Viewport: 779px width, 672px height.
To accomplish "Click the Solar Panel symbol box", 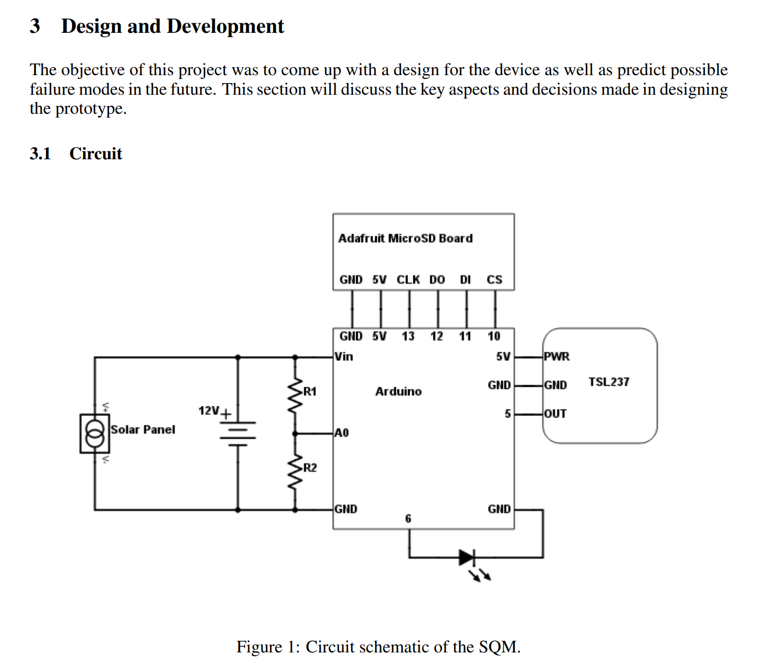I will tap(95, 433).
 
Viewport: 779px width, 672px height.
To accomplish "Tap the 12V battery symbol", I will tap(238, 433).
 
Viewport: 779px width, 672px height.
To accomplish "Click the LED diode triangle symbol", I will tap(467, 557).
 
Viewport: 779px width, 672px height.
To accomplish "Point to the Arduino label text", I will tap(398, 392).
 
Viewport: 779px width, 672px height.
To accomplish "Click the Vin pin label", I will tap(344, 357).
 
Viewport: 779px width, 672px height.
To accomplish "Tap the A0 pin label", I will tap(342, 433).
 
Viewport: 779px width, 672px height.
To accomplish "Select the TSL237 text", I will tap(609, 382).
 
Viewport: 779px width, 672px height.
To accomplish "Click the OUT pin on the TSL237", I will tap(555, 414).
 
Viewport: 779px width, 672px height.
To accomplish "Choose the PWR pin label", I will tap(557, 357).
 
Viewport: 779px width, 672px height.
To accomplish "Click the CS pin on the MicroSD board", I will tap(494, 279).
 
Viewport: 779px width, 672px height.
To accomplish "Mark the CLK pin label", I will tap(408, 279).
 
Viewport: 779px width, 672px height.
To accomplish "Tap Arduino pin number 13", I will tap(408, 337).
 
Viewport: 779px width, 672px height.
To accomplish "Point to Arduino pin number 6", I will tap(408, 519).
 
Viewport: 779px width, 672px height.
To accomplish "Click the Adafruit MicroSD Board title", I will tap(405, 239).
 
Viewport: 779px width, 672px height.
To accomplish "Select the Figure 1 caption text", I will tap(378, 647).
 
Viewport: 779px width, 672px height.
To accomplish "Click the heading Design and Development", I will tap(173, 26).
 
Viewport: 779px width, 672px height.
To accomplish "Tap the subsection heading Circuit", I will tap(96, 153).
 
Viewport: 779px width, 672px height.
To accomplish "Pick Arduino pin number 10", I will tap(494, 337).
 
